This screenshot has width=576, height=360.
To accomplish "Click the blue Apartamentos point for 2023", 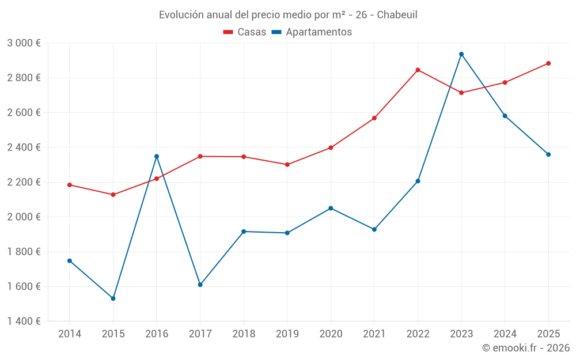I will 461,54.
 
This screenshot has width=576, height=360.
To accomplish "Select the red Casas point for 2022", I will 418,70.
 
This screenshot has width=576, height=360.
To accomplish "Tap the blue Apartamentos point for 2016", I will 157,156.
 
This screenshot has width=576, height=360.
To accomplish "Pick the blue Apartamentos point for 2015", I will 113,298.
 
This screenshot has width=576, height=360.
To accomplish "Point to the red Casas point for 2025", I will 548,63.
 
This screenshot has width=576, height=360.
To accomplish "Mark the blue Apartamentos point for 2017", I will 200,285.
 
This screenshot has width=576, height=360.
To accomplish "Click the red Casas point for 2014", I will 70,185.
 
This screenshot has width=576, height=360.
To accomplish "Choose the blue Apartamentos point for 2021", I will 374,229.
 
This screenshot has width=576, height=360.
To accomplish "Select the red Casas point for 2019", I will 287,165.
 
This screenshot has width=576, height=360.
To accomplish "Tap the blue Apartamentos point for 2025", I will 548,154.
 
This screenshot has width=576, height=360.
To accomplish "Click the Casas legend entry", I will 245,32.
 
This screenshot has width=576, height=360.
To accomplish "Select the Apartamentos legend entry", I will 312,32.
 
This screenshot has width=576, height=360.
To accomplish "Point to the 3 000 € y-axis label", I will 24,43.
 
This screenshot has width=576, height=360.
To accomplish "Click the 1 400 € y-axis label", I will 24,321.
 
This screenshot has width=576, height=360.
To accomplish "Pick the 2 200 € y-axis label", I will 24,182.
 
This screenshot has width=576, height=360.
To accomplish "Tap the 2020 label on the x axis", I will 331,334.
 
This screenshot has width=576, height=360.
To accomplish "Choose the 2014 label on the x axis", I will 70,334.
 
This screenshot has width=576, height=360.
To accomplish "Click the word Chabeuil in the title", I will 397,14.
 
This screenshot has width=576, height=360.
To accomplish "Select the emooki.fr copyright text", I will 525,348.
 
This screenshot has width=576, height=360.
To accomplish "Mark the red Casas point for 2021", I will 374,118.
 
